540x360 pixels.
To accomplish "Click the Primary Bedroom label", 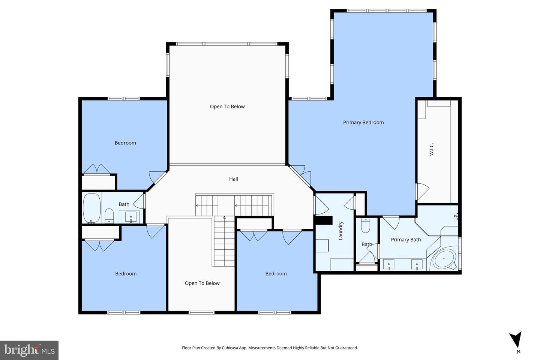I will [x=363, y=122].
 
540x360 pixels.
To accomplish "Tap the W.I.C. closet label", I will [x=431, y=149].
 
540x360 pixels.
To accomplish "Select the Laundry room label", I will [x=340, y=231].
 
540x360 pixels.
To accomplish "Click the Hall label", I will [x=233, y=179].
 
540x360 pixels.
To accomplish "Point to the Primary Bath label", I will [x=406, y=240].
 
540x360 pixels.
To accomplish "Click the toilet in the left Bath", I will [x=109, y=215].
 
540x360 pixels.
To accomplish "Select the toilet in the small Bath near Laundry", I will [x=365, y=225].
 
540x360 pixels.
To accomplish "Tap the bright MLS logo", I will [x=29, y=350].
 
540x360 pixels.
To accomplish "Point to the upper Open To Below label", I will [x=227, y=106].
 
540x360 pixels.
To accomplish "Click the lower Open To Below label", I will [x=202, y=283].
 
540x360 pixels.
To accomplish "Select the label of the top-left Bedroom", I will [x=125, y=142].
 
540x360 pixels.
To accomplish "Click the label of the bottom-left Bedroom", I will [x=126, y=273].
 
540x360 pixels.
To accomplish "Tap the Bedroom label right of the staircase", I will [x=276, y=273].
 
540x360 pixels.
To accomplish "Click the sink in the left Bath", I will [x=131, y=216].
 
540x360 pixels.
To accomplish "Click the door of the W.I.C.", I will [x=421, y=191].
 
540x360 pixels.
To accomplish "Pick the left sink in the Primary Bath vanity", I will [x=388, y=265].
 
